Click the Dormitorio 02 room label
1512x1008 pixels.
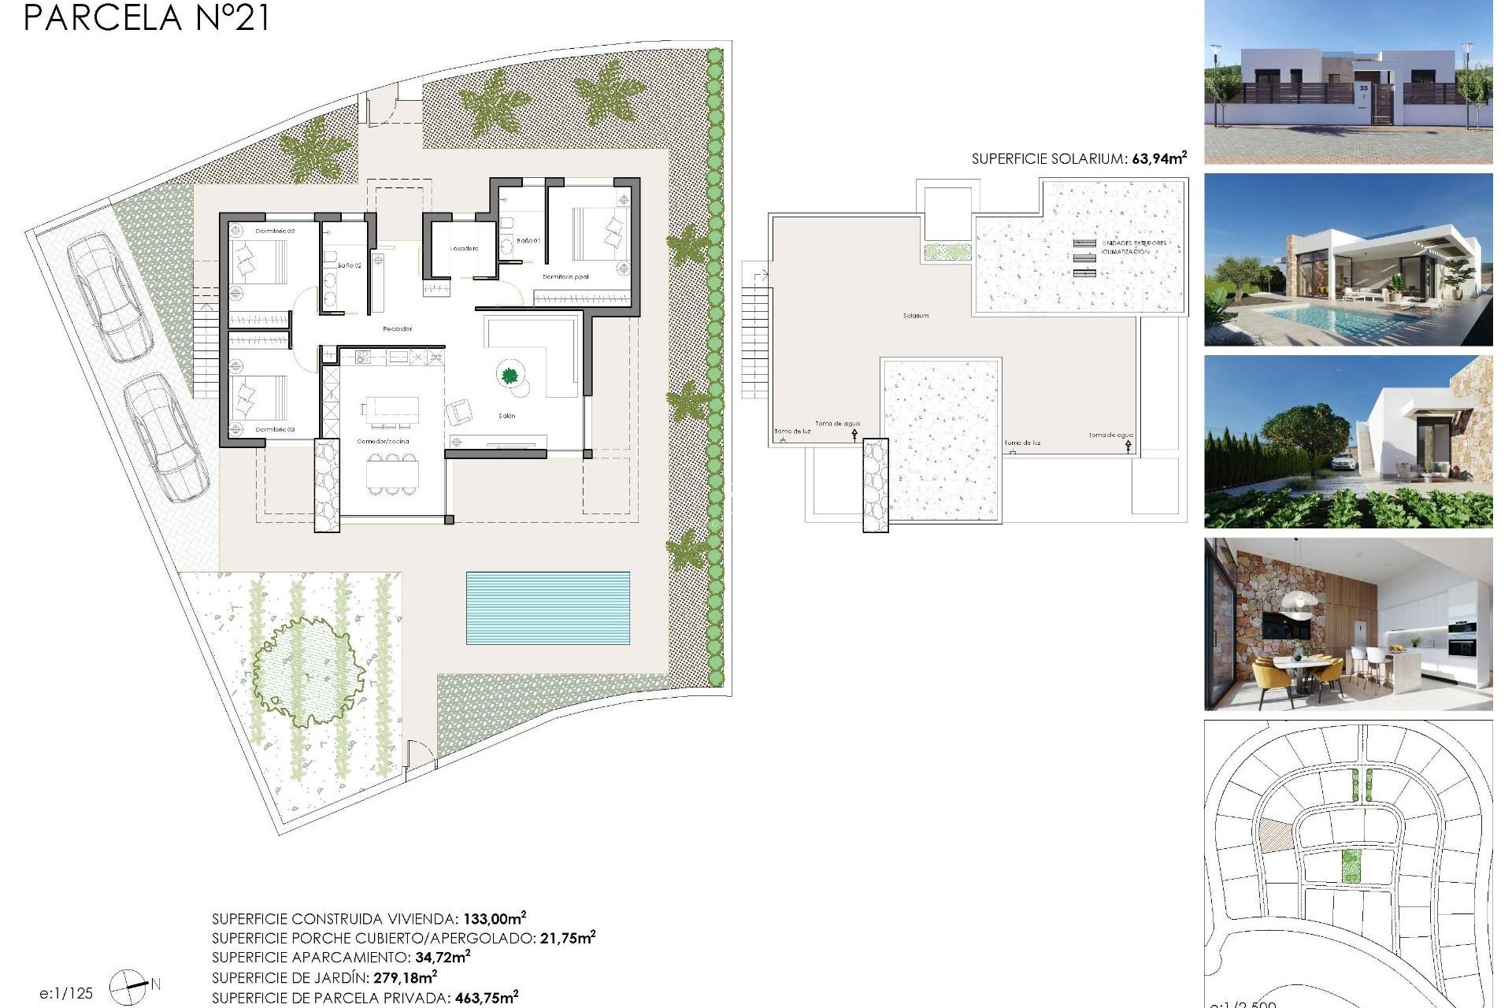(x=275, y=232)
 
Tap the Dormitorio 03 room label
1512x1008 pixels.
(x=275, y=430)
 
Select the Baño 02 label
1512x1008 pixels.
(x=350, y=266)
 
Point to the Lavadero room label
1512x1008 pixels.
(x=464, y=249)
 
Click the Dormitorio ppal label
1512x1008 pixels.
(x=565, y=277)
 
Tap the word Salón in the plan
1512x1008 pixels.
(x=506, y=416)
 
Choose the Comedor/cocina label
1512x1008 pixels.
(x=384, y=442)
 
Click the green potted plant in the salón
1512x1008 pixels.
(x=510, y=375)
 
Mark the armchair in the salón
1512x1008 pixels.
(x=459, y=411)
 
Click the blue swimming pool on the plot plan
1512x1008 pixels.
(x=548, y=608)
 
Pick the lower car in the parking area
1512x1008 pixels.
(x=166, y=437)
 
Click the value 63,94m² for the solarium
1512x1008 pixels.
(x=1159, y=158)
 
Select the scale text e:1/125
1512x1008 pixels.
(x=67, y=993)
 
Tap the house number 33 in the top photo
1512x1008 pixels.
(x=1363, y=89)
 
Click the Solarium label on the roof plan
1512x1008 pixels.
(x=916, y=316)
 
